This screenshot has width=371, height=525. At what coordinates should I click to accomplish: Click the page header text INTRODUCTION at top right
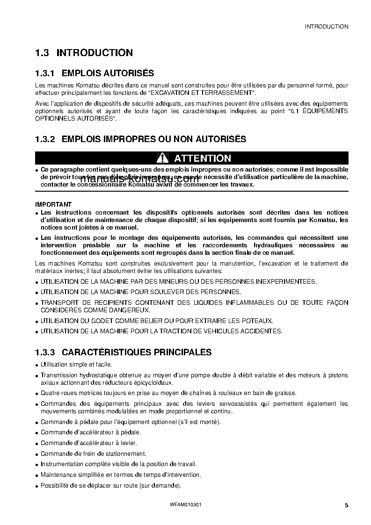326,27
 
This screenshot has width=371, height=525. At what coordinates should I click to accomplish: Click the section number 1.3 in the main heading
42,53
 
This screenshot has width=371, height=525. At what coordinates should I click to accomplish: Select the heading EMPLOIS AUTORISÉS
108,73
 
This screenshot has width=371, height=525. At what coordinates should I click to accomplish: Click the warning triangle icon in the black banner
162,158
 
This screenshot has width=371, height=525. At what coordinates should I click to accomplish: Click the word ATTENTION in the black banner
203,158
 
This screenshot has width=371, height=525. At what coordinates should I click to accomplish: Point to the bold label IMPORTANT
53,204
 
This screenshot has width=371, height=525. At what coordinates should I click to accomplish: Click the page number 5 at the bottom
346,505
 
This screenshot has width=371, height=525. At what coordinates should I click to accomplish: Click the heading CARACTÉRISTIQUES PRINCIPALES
137,352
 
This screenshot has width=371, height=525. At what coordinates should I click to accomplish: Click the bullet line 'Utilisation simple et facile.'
76,364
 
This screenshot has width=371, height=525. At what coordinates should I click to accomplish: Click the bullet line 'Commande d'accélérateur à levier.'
88,443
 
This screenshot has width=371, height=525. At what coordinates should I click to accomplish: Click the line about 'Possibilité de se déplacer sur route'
110,486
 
